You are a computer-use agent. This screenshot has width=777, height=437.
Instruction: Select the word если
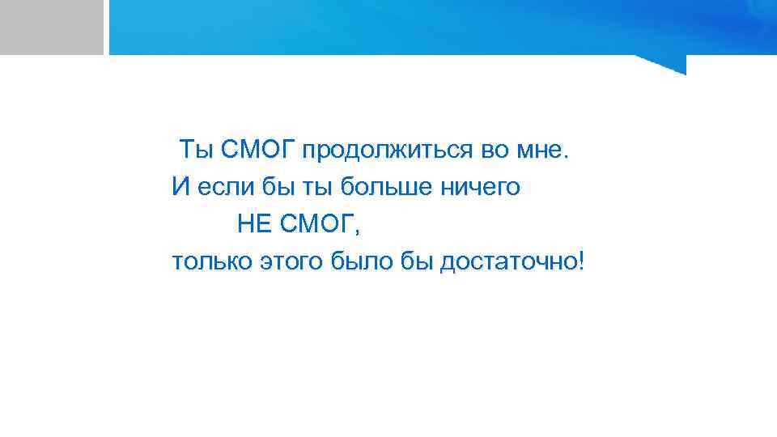222,188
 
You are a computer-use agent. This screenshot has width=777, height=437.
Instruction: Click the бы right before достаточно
416,262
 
